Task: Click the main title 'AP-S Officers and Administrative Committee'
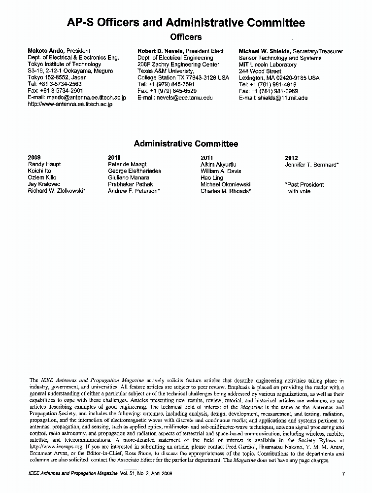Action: pos(186,23)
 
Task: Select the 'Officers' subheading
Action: pos(186,37)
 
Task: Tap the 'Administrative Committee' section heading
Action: pos(186,144)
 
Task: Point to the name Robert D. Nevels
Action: pos(160,51)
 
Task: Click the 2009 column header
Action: pos(34,158)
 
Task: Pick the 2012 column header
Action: pos(291,158)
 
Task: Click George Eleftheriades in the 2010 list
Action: pos(134,171)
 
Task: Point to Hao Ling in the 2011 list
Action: pos(212,178)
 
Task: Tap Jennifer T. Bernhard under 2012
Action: pos(311,165)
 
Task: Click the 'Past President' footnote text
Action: pos(304,185)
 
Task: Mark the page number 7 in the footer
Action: pos(343,474)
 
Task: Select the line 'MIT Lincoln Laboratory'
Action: pos(268,65)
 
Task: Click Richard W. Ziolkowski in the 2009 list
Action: pos(57,191)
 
